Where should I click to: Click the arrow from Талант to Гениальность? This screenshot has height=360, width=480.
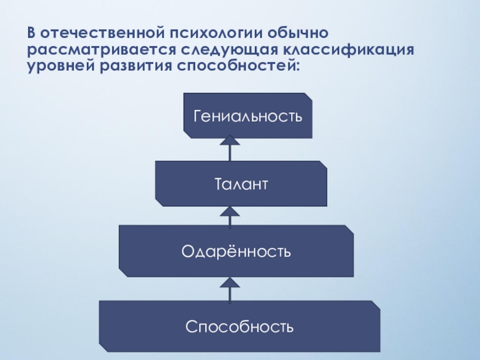(230, 148)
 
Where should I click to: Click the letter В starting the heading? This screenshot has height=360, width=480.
(31, 31)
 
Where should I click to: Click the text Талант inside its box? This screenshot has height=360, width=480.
(241, 183)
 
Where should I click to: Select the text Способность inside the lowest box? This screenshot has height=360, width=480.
(239, 327)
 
